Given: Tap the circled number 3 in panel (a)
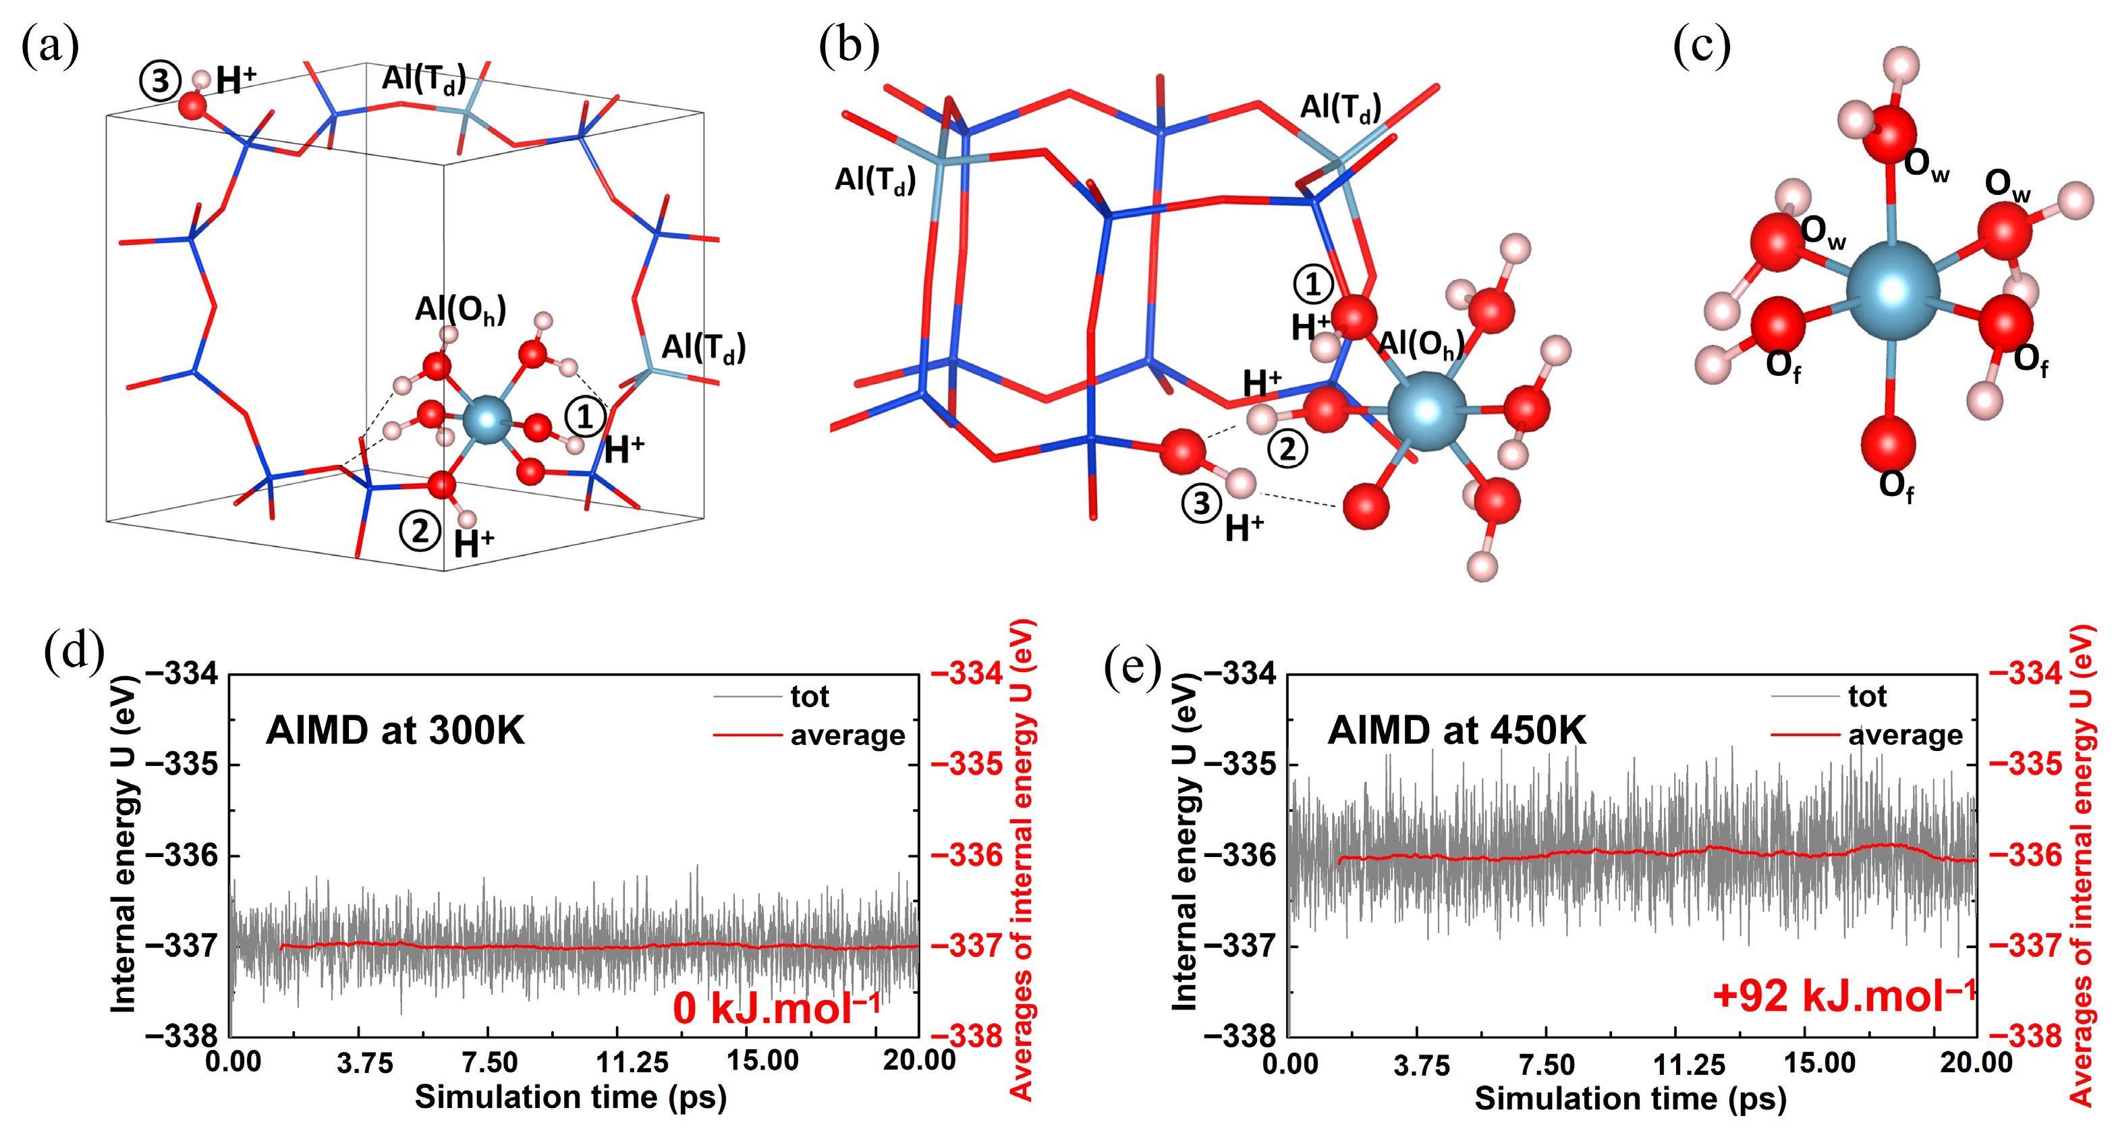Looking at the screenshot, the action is [159, 81].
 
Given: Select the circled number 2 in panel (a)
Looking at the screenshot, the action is [419, 531].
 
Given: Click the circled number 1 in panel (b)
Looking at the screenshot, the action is [1313, 284].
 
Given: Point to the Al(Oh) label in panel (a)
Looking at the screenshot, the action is [460, 310].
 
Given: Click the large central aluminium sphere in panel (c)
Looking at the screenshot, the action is [1893, 289].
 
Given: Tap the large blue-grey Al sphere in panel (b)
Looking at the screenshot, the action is [1426, 410].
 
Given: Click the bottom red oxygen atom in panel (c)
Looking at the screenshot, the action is [1889, 443].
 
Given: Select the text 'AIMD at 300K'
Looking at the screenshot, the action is [395, 729].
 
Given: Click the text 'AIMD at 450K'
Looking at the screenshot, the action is [1457, 729].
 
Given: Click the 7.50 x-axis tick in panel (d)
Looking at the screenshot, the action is [489, 1062].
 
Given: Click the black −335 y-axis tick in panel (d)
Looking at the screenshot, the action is [182, 764].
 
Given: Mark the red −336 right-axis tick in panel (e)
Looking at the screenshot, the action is [2026, 855].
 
